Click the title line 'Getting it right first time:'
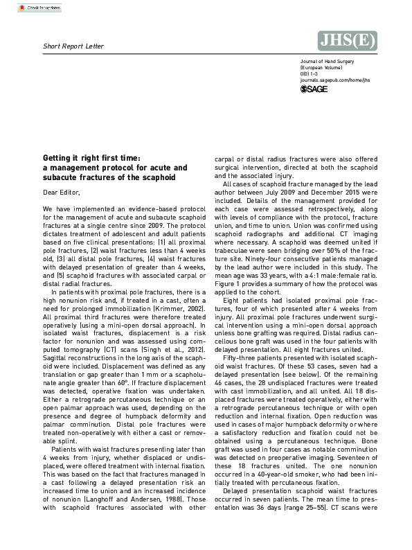pyautogui.click(x=91, y=159)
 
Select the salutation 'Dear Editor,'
pyautogui.click(x=61, y=192)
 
